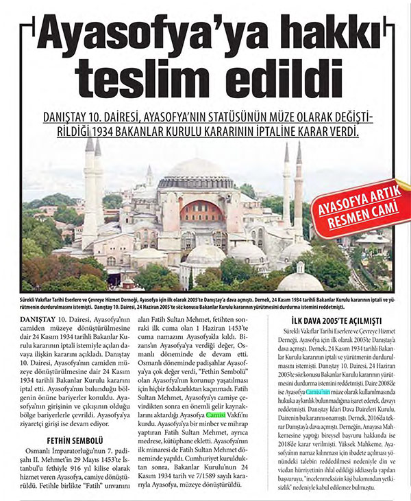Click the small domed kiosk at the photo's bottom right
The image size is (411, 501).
[x=301, y=277]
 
